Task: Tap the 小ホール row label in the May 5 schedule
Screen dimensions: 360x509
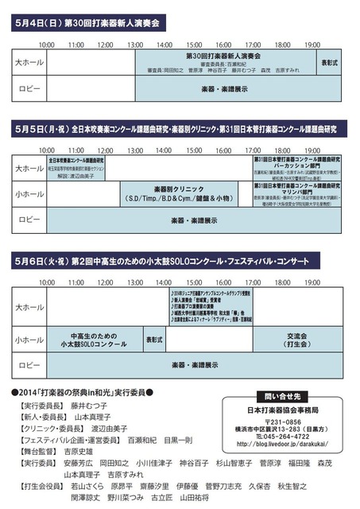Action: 29,193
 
